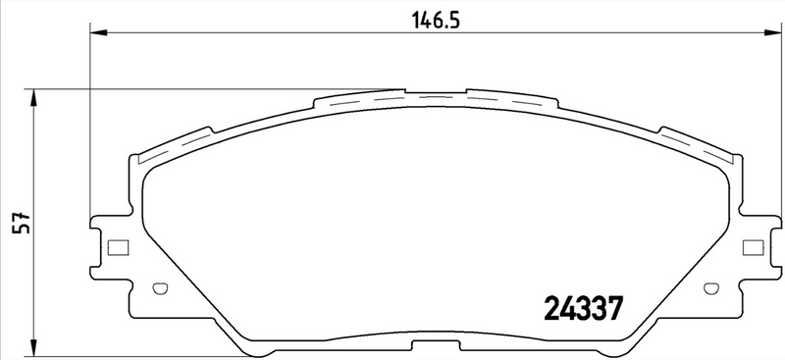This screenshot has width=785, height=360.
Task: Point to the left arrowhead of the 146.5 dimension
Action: [95, 35]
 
